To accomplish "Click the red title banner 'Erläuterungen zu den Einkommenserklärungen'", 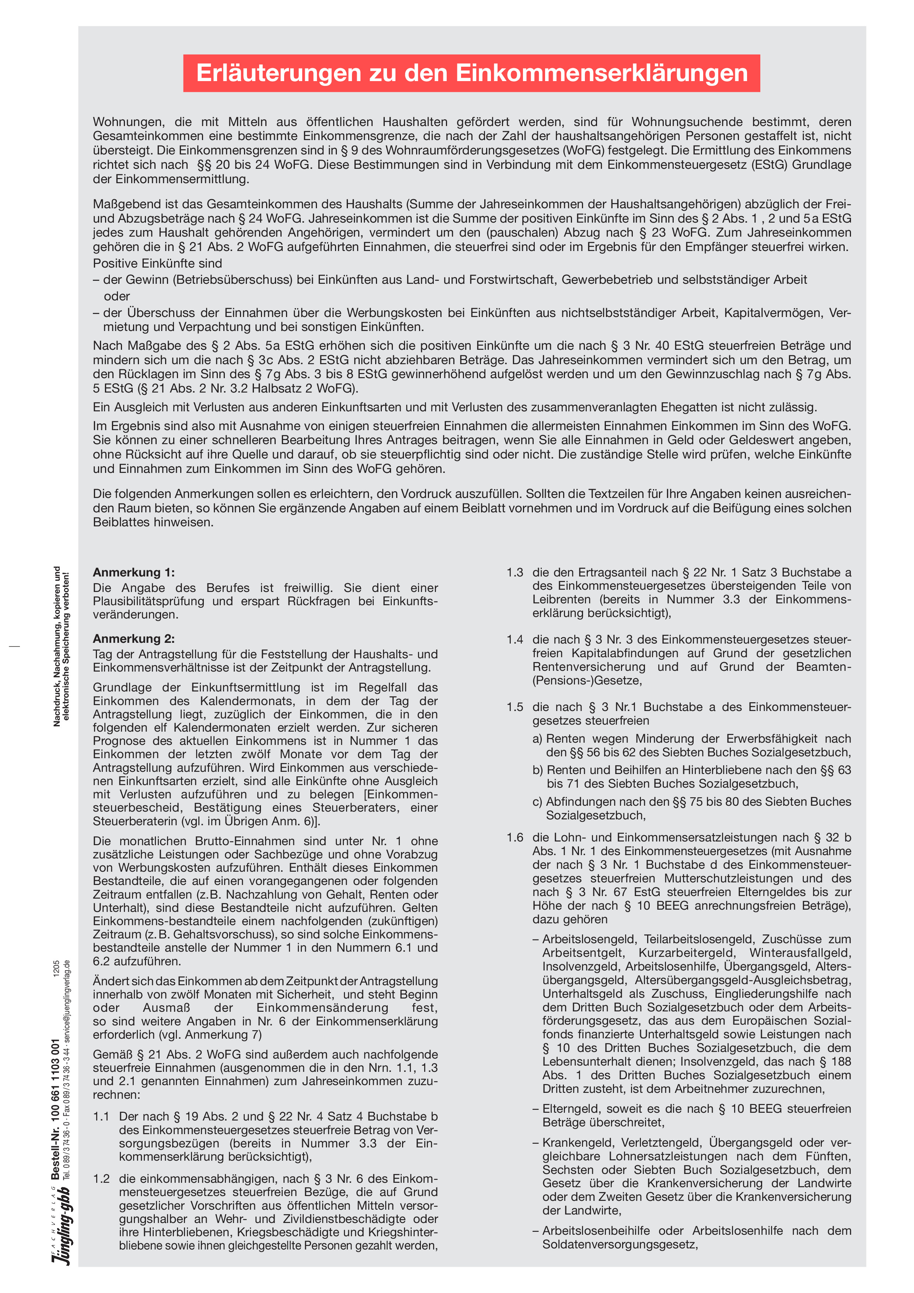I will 471,73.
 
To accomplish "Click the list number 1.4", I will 515,640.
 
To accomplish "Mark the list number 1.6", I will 515,837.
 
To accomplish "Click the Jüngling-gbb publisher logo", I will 61,1228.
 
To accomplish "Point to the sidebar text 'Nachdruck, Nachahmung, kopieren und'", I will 57,646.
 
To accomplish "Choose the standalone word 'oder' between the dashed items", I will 116,296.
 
